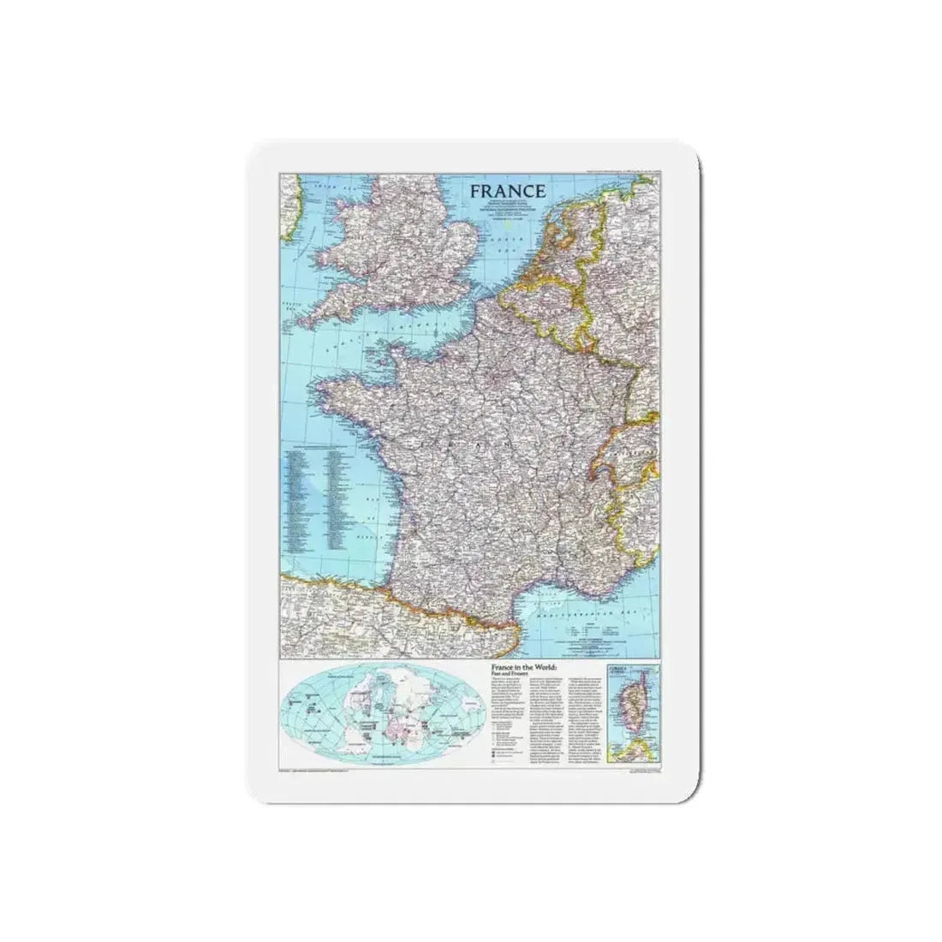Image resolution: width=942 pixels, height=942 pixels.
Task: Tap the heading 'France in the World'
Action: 523,665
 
